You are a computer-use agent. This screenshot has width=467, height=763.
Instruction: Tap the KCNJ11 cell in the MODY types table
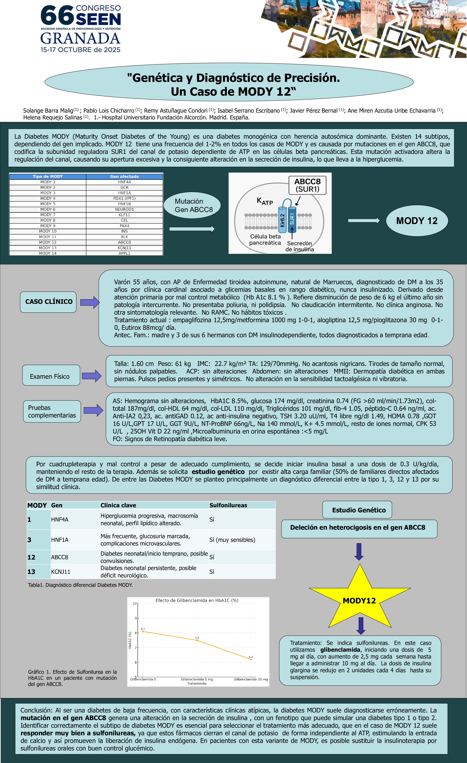124,248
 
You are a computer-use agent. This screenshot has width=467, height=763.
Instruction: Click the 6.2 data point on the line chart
251,659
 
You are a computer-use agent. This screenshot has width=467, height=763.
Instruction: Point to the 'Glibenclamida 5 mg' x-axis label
197,679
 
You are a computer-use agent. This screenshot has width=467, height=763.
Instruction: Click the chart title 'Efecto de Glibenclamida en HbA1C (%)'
197,600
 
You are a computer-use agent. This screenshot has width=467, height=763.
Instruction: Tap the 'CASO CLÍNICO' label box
49,302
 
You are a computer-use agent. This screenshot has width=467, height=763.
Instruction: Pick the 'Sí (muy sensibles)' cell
232,540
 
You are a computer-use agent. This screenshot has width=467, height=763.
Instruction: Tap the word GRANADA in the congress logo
80,38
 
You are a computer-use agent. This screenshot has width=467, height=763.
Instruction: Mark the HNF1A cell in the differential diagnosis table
60,540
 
